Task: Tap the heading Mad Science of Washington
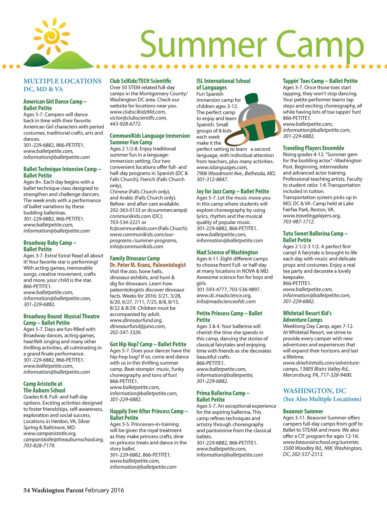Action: (x=227, y=252)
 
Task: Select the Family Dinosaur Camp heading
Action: (x=135, y=259)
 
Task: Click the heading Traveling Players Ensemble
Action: (x=313, y=148)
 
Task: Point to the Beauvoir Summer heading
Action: (x=303, y=411)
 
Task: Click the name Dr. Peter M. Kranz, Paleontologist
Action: (x=148, y=265)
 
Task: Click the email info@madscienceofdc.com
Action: (x=226, y=302)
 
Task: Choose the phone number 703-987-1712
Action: (x=299, y=222)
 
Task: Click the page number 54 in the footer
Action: (x=26, y=490)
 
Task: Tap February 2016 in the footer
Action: (x=104, y=490)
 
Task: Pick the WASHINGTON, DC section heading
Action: (x=314, y=391)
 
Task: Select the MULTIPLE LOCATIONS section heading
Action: (x=62, y=81)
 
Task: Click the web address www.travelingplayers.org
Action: (x=312, y=216)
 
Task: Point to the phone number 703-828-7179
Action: (x=39, y=446)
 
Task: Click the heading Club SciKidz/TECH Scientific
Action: (x=141, y=81)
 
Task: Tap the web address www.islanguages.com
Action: (x=221, y=167)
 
